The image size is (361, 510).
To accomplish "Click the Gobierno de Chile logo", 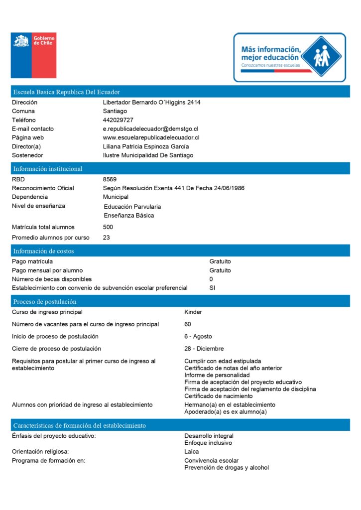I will [x=33, y=55].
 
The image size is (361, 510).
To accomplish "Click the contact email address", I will [x=150, y=128].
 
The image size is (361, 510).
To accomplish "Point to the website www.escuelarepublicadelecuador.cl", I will [x=151, y=137].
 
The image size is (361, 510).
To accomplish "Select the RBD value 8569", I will [x=110, y=179].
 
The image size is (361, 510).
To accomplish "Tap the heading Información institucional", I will [x=48, y=169].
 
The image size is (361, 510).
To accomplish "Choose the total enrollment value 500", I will [x=108, y=227].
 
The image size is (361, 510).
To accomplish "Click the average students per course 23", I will [x=107, y=238].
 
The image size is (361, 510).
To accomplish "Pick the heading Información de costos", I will [x=43, y=251].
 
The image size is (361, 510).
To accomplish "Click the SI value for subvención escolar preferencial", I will [x=213, y=288].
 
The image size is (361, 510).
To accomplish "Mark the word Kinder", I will [x=193, y=312].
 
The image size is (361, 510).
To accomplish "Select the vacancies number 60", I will [x=188, y=324].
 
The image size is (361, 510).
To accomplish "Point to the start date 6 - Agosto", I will [x=198, y=337].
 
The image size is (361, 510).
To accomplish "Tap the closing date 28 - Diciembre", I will [x=204, y=349].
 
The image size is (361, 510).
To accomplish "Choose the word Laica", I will [x=192, y=452].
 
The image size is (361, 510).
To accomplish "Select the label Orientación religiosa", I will [x=47, y=452].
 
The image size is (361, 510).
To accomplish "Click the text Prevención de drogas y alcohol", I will [x=227, y=468].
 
